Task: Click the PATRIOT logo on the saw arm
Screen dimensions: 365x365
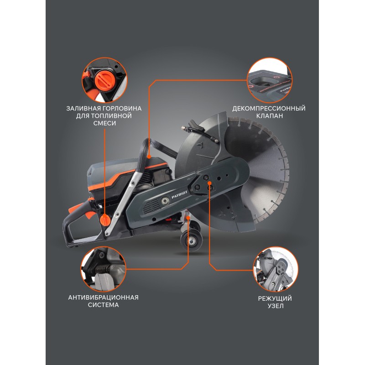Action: point(179,195)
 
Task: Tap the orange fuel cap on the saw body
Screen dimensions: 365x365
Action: point(105,219)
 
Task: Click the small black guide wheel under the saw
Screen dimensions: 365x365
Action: point(191,241)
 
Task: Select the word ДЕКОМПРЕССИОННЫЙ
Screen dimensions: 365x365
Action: point(269,109)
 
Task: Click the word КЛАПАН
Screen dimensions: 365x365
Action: point(269,116)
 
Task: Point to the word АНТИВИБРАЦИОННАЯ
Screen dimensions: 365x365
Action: point(104,297)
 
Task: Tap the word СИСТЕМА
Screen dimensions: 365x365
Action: point(104,305)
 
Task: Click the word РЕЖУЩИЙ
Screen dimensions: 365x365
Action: point(275,298)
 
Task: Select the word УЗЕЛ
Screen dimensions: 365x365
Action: point(276,306)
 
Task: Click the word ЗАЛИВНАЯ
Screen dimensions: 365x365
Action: point(83,109)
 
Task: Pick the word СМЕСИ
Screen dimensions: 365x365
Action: point(104,123)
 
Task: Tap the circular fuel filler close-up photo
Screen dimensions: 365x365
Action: point(104,80)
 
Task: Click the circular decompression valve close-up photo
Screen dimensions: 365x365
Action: point(270,80)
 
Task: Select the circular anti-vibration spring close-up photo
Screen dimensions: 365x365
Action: point(104,269)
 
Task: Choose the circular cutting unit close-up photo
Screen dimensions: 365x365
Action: point(276,270)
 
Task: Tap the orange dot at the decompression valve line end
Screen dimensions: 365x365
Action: point(149,157)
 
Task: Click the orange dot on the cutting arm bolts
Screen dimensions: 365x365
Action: point(209,183)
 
